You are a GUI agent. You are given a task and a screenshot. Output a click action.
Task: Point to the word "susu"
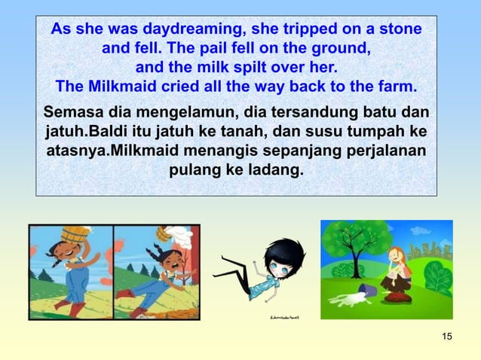tap(342, 132)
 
